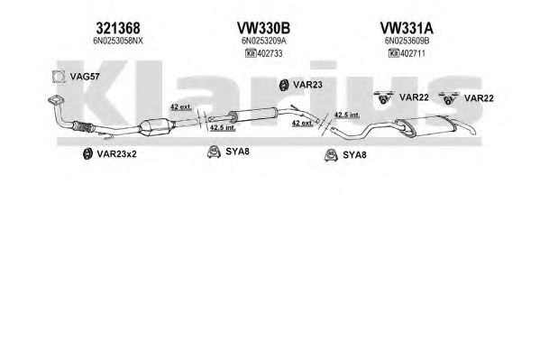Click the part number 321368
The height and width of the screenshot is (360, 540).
118,28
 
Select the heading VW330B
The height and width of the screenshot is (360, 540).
263,28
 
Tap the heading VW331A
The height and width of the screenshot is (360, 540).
407,28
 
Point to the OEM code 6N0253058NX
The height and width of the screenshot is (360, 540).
118,41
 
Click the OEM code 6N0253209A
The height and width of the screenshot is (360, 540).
263,41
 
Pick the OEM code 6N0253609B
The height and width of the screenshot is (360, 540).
407,41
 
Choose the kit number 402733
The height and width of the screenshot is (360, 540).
270,53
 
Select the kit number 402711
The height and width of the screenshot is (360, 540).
413,53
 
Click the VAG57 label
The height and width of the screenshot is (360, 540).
85,77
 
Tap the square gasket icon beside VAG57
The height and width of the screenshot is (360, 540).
59,77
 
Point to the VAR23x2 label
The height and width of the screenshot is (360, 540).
116,153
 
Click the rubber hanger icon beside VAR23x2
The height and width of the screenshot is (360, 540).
87,153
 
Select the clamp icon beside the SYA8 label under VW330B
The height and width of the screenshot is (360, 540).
214,152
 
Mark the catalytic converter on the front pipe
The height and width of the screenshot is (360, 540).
155,127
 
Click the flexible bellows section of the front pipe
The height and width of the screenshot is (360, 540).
82,127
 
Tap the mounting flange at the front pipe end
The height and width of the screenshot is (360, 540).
56,100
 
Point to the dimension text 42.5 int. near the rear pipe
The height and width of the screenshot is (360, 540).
347,115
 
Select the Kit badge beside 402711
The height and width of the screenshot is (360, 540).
394,53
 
